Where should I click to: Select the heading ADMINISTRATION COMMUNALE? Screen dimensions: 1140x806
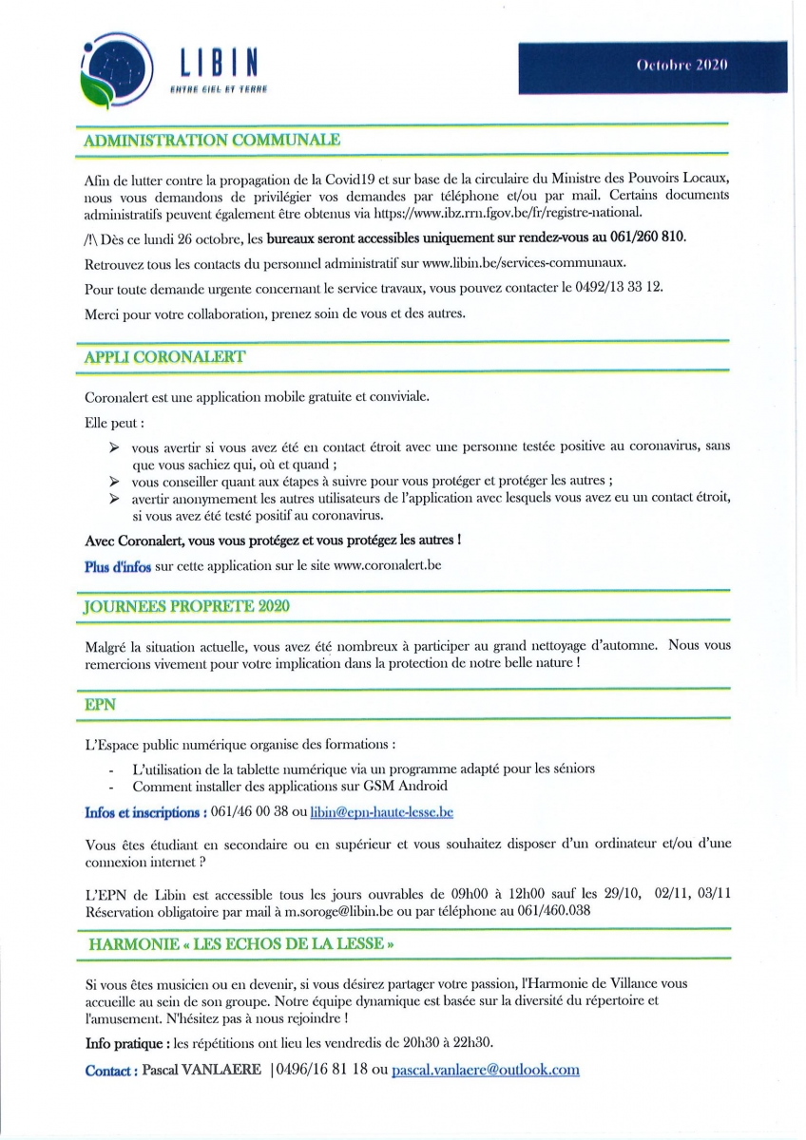click(x=212, y=140)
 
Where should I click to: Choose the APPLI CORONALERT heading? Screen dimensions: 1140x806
click(x=164, y=356)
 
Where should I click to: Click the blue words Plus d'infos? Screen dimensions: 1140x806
click(x=118, y=566)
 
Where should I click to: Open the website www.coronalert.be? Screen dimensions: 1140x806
click(x=388, y=565)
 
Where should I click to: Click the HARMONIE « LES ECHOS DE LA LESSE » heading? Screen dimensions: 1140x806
click(x=240, y=944)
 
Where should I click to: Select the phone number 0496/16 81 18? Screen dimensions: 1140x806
click(x=322, y=1070)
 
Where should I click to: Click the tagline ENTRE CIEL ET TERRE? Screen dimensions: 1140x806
click(x=218, y=90)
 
